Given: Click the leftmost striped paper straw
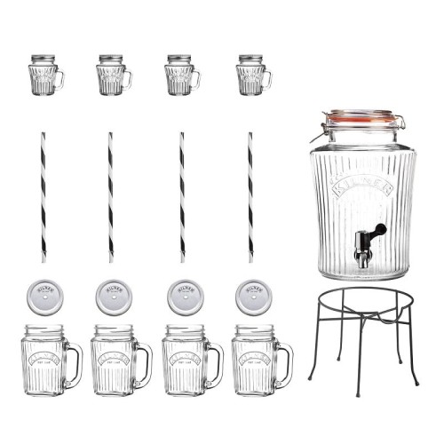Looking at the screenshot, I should coord(42,196).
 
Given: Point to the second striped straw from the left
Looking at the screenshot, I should coord(111,196).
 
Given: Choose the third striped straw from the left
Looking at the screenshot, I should coord(181,196).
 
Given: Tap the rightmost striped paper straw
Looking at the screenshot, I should coord(250,196).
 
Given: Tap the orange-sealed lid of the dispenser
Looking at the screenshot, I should coord(359,118).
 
